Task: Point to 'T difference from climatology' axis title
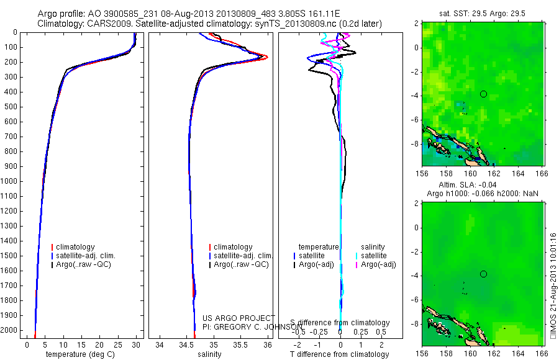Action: coord(340,354)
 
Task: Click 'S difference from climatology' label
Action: coord(340,323)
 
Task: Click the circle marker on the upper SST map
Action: coord(483,94)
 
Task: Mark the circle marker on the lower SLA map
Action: coord(483,274)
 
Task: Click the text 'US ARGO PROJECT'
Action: coord(239,318)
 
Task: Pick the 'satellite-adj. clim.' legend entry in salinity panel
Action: coord(243,256)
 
